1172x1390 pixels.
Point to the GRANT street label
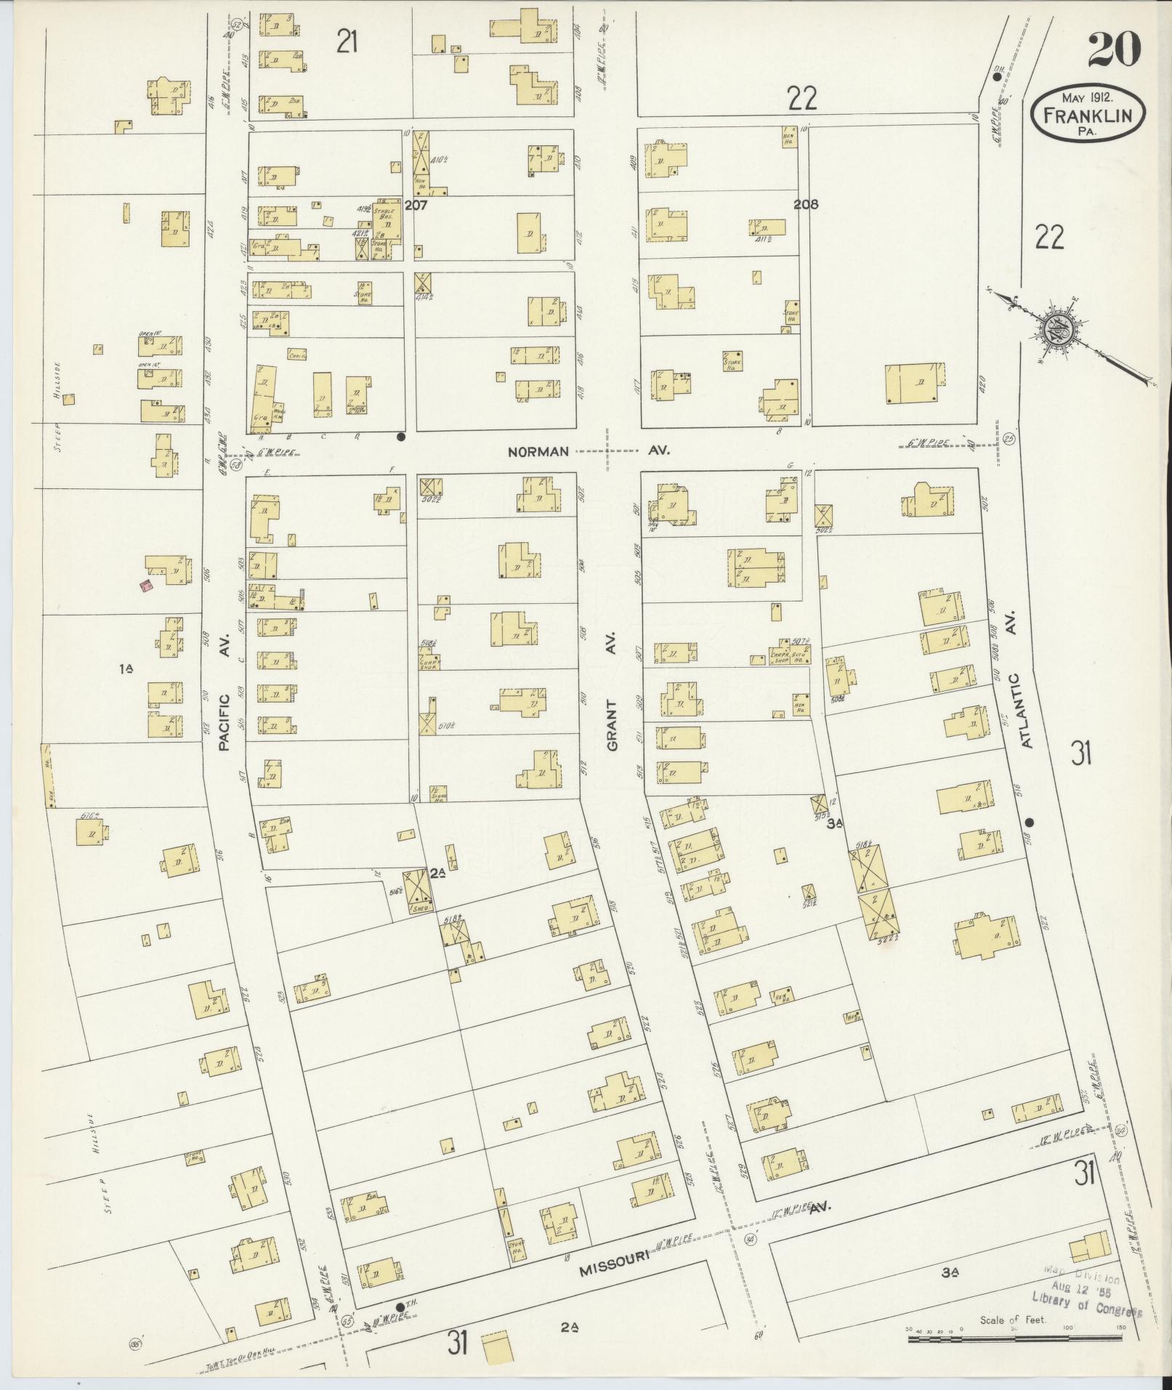click(611, 724)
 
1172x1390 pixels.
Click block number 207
click(416, 205)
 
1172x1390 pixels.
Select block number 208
click(806, 205)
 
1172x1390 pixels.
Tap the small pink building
click(147, 585)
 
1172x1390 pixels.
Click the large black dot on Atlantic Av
click(1030, 822)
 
